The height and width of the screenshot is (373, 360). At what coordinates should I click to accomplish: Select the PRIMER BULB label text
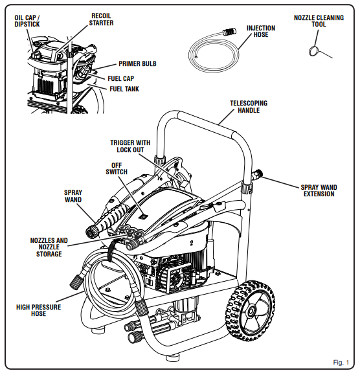pos(137,64)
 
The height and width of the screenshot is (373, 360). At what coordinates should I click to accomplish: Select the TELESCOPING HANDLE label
pos(248,107)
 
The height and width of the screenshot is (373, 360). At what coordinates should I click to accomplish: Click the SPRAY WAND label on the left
pos(73,196)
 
